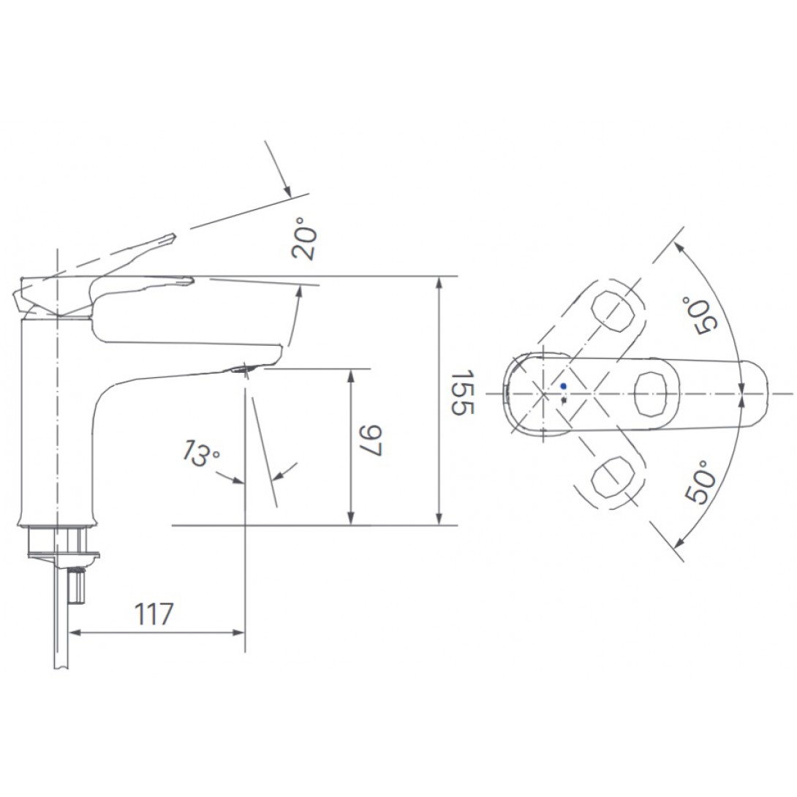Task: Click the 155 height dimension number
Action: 462,393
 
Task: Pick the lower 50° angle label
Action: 700,482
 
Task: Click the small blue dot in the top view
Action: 562,385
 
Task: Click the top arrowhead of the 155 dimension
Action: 439,282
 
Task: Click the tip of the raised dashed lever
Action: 173,237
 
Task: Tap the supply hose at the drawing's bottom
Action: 61,643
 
